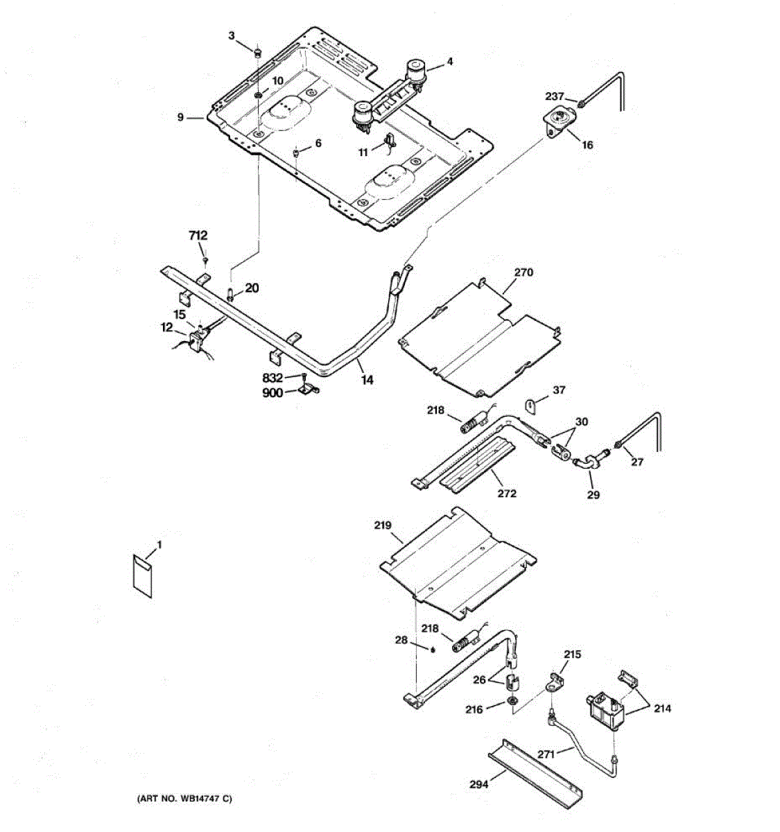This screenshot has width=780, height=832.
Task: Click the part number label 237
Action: click(x=554, y=97)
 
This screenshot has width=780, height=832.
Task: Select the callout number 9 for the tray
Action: click(x=180, y=118)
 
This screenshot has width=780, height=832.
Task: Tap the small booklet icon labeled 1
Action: click(x=144, y=573)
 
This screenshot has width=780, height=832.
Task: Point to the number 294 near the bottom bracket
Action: click(x=478, y=784)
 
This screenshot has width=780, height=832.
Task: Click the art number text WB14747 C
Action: click(x=184, y=799)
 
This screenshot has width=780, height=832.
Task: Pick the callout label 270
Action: click(x=523, y=272)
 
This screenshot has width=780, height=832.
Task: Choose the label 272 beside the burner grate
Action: click(x=507, y=494)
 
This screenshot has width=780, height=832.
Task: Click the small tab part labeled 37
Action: click(x=531, y=404)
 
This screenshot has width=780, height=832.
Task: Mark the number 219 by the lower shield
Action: click(x=383, y=526)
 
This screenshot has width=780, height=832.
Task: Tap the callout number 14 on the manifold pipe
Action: click(x=367, y=380)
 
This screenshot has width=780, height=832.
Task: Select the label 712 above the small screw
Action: click(x=198, y=236)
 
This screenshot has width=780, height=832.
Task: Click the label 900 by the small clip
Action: click(x=272, y=392)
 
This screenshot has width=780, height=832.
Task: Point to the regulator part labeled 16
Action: click(x=556, y=123)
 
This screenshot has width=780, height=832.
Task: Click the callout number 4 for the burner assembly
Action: click(x=449, y=61)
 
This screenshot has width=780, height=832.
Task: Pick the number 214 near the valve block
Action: click(x=662, y=709)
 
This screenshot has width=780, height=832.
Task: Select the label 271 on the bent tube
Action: click(x=547, y=754)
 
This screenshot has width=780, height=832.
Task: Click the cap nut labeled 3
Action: click(x=258, y=52)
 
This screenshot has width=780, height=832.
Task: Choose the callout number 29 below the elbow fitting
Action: click(x=593, y=494)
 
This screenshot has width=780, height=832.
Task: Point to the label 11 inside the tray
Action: click(x=363, y=153)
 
